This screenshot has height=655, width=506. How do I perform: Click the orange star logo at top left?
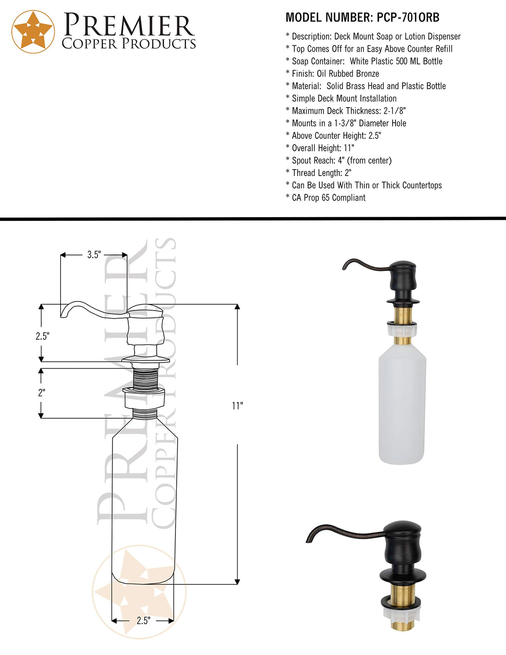pos(33,32)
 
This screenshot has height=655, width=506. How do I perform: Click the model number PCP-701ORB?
pos(408,18)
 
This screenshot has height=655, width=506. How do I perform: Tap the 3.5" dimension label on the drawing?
pos(94,255)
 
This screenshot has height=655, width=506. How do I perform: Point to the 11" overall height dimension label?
pos(237,406)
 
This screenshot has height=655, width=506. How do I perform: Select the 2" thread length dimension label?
pos(41,393)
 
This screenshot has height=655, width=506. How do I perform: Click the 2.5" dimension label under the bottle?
pos(143,621)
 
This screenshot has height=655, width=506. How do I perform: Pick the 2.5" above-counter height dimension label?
pos(42,336)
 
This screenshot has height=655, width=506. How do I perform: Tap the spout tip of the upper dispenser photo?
pos(344,267)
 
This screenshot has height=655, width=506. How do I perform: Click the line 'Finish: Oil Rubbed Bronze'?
pos(335,74)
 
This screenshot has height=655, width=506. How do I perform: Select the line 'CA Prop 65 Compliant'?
pos(328,198)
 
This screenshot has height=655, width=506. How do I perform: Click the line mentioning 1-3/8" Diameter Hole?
pos(348,123)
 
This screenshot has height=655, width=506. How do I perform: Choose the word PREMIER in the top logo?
pos(129,26)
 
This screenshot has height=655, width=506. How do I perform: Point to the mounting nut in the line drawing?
pos(144,398)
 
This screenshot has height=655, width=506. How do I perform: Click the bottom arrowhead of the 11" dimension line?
pos(237,581)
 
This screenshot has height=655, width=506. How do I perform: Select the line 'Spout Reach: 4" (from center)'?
pos(341,161)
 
